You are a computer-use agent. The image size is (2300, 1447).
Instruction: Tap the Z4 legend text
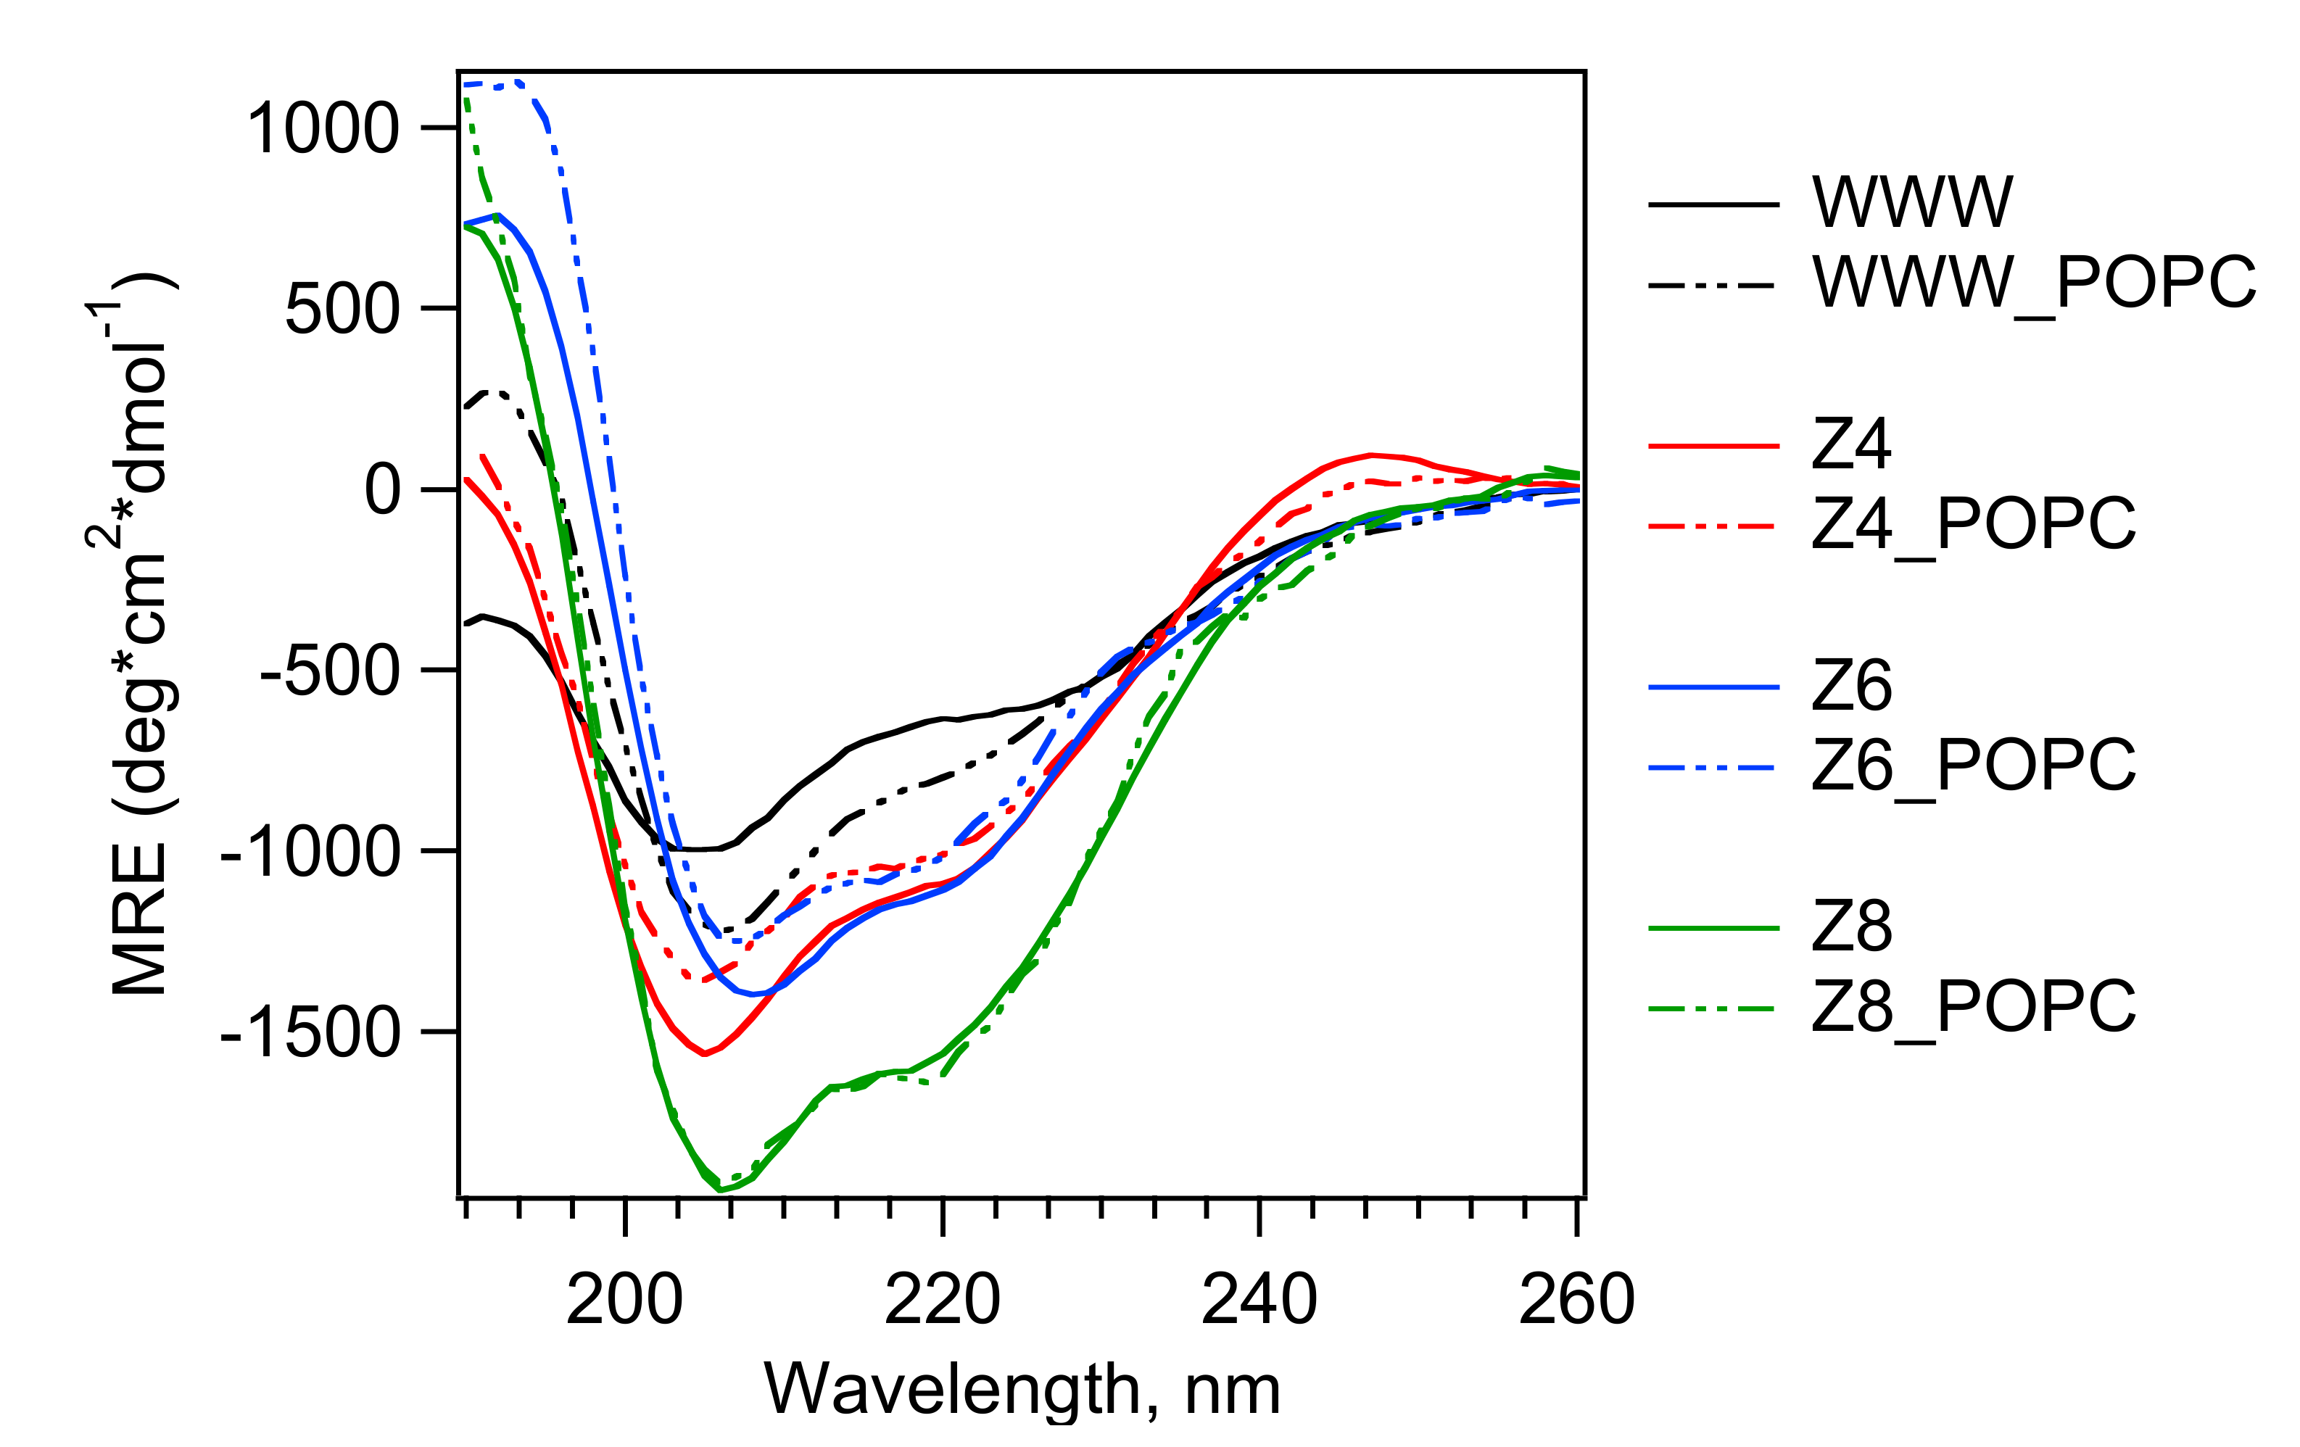[x=1851, y=445]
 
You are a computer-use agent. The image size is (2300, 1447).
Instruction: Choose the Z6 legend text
[x=1851, y=687]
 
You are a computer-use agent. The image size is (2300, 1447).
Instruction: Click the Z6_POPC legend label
[x=1973, y=766]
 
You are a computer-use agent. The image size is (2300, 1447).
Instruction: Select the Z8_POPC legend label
[x=1973, y=1008]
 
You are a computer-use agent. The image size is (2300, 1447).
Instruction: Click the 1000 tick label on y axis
[x=323, y=129]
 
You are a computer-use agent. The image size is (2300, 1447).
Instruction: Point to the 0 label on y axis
[x=382, y=491]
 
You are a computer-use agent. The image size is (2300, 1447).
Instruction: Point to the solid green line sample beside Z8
[x=1713, y=929]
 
